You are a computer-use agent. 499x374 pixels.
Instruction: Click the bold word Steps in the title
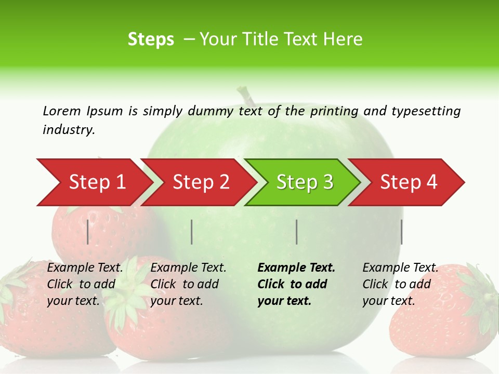point(151,39)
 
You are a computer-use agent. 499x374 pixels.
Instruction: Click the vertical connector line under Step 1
point(88,232)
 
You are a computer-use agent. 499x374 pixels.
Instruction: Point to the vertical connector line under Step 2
point(192,232)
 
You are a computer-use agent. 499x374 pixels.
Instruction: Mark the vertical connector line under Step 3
point(296,232)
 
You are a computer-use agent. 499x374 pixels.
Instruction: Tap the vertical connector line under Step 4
point(401,232)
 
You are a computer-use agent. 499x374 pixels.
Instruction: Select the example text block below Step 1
point(85,284)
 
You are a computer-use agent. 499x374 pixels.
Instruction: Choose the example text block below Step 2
point(188,284)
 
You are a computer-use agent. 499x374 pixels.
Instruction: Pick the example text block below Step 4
point(400,284)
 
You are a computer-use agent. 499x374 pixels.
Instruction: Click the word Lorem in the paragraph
point(62,111)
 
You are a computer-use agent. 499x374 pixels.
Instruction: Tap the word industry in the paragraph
point(69,130)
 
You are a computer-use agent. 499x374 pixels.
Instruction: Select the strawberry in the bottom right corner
point(442,312)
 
